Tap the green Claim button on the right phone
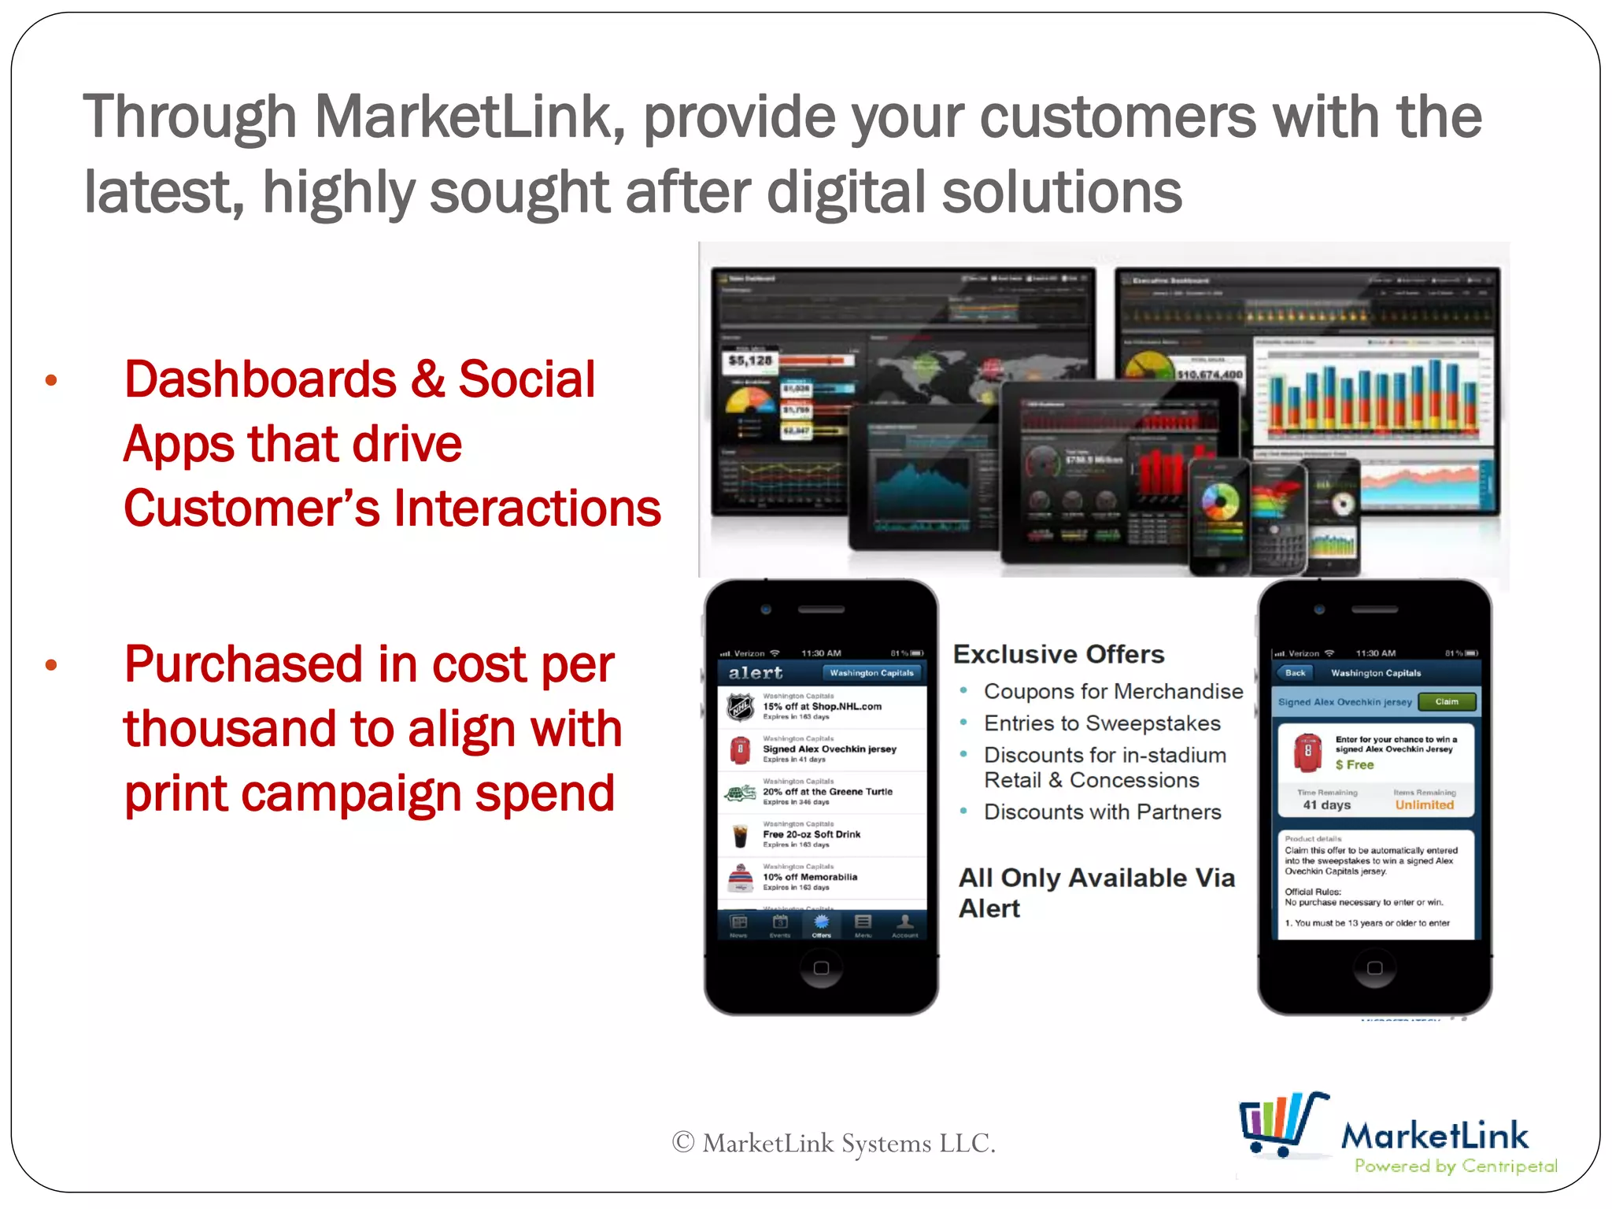[x=1446, y=701]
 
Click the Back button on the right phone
[x=1295, y=673]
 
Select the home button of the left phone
[x=821, y=967]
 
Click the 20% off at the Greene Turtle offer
[x=826, y=792]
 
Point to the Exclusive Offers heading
[x=1058, y=654]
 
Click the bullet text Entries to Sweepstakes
[x=1101, y=723]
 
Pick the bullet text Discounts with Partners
[x=1102, y=812]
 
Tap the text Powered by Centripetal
[x=1455, y=1166]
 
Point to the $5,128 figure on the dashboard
[x=750, y=360]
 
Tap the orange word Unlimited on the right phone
[x=1424, y=804]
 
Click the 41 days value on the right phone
[x=1326, y=804]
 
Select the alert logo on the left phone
[x=755, y=673]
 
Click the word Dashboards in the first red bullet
[x=261, y=379]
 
